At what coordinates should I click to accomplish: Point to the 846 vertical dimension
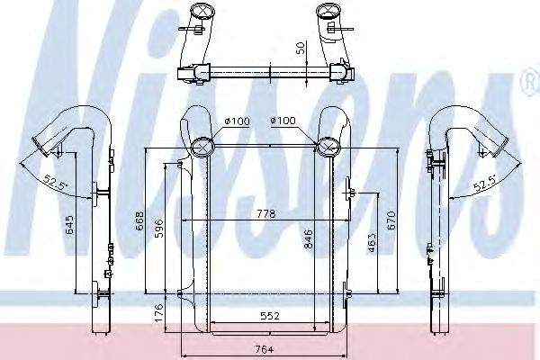310,238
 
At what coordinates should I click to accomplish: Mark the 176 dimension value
158,313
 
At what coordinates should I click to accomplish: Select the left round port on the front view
202,143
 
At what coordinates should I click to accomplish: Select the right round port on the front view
328,143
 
